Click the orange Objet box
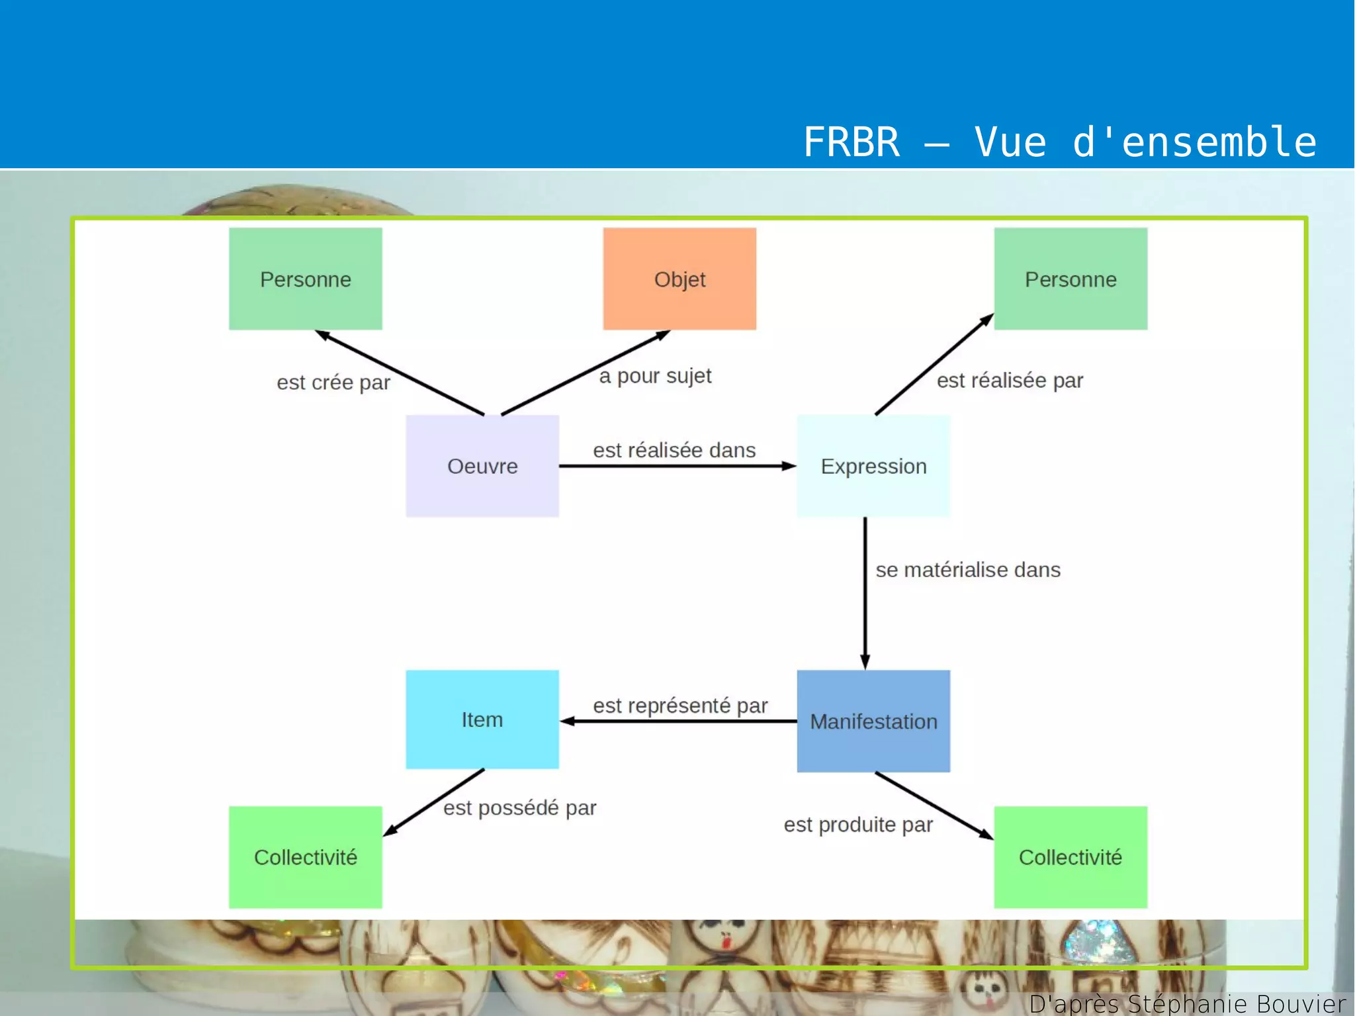(679, 279)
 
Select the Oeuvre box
(482, 466)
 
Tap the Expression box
(873, 466)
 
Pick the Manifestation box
(873, 721)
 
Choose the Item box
(482, 719)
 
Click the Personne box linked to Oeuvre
(306, 279)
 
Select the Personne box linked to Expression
(1071, 279)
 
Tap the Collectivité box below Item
(306, 857)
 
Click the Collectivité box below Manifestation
(1071, 857)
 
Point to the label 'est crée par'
(333, 383)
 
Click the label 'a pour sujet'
(655, 376)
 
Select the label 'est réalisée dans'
(674, 450)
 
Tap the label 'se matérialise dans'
(968, 570)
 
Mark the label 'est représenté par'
(680, 706)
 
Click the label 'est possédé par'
(520, 808)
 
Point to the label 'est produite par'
(858, 825)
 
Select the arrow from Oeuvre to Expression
(675, 466)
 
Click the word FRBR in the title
(852, 142)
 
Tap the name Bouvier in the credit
(1301, 1003)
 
